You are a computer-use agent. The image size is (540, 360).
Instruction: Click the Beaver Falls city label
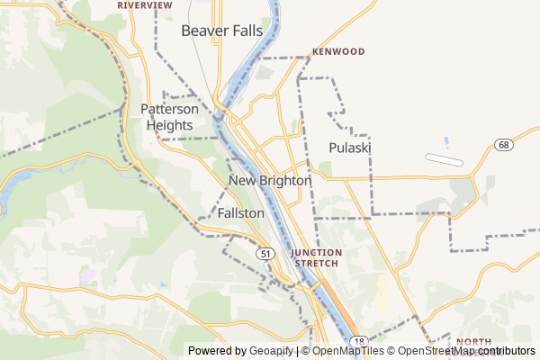(x=222, y=31)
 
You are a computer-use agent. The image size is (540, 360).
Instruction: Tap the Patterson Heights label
(x=169, y=117)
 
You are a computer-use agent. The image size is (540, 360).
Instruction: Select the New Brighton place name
(x=270, y=181)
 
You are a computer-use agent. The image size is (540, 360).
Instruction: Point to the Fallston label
(x=240, y=214)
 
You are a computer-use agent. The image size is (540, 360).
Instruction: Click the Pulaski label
(x=350, y=148)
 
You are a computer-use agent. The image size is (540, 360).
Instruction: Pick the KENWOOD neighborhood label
(x=338, y=51)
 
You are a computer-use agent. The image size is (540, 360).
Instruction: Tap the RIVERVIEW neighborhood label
(x=145, y=4)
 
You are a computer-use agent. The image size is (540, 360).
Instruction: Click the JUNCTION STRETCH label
(x=315, y=257)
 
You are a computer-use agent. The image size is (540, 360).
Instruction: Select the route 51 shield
(x=265, y=255)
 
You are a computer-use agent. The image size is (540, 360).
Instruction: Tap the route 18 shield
(x=358, y=339)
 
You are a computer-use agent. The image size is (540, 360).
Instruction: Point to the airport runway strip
(x=444, y=160)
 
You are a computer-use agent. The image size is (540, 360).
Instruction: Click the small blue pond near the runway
(x=445, y=141)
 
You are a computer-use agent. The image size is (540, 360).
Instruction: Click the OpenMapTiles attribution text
(x=347, y=351)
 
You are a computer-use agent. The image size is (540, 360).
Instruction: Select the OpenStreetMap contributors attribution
(x=466, y=351)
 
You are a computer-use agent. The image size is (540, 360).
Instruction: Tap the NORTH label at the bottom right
(x=473, y=341)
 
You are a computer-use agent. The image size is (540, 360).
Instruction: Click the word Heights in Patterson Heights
(x=169, y=126)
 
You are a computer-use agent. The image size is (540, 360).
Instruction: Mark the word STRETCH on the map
(x=315, y=264)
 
